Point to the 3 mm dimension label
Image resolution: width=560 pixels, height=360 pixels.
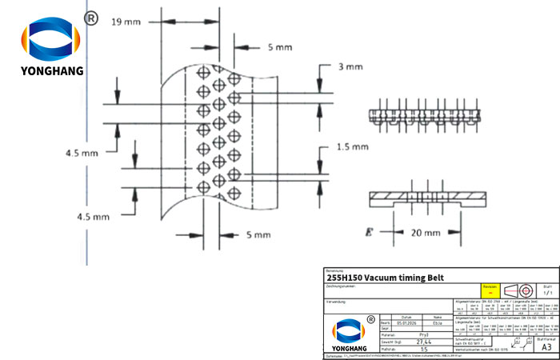point(350,67)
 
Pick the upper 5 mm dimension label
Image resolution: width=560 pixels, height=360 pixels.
point(280,47)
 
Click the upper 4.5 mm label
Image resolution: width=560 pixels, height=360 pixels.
point(82,151)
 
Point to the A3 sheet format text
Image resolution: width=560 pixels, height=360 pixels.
point(546,347)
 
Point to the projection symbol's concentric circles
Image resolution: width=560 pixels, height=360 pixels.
point(526,290)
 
